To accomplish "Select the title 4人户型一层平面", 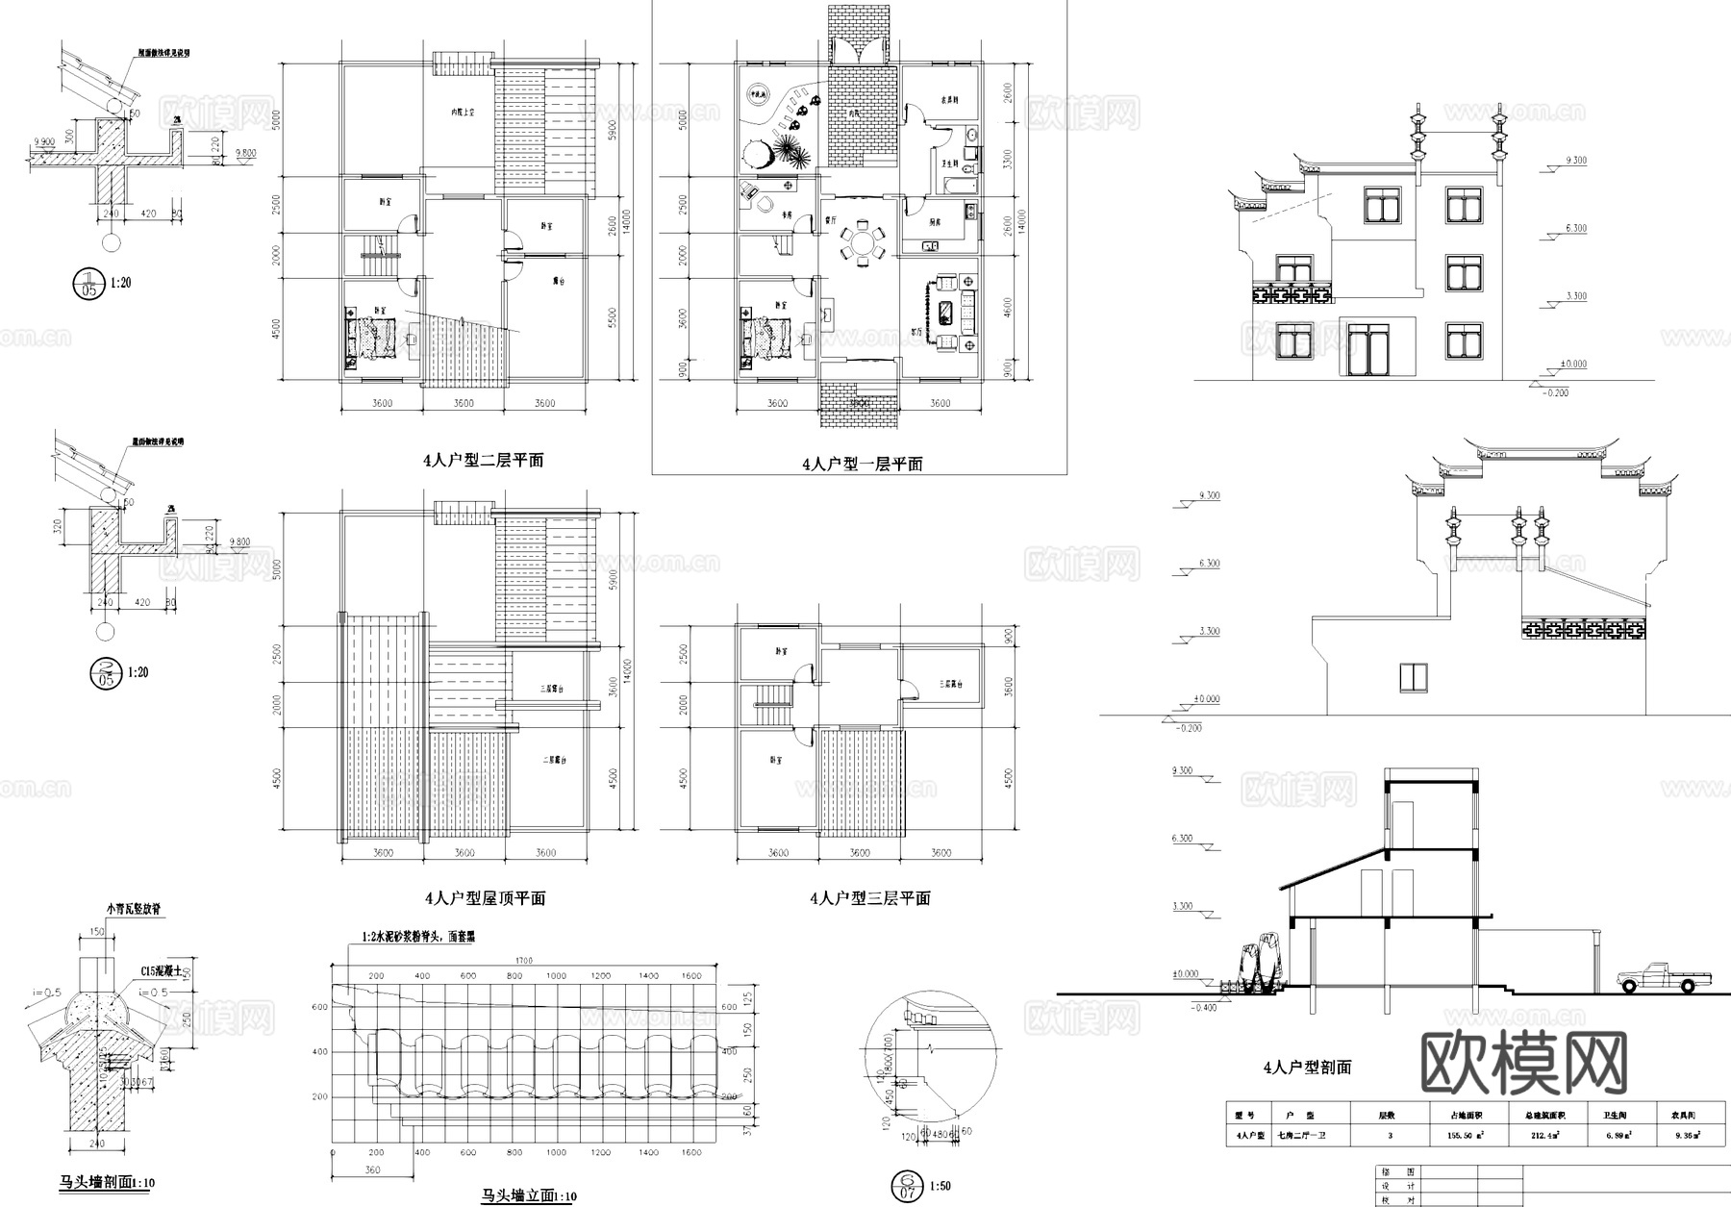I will coord(863,464).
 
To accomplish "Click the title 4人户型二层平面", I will coord(484,460).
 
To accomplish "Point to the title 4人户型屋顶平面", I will coord(486,898).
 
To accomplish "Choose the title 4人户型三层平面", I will coord(870,898).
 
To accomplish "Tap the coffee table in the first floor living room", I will coord(946,312).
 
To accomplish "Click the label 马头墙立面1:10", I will coord(529,1195).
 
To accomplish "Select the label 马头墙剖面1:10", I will coord(105,1182).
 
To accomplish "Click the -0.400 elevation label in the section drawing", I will coord(1203,1007).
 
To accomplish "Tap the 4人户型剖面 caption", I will coord(1307,1068).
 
